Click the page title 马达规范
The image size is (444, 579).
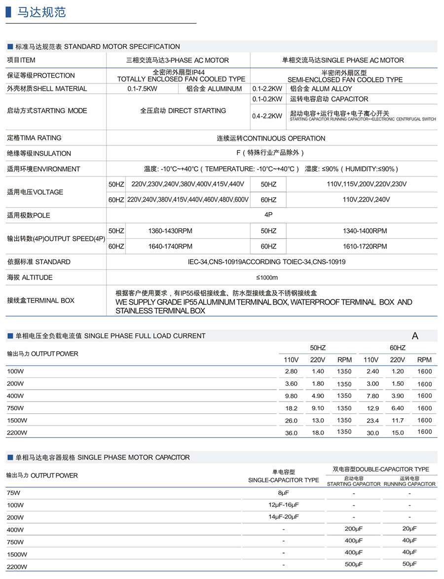(41, 12)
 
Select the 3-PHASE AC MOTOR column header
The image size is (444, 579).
(178, 60)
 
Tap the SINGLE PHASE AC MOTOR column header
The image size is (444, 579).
(343, 60)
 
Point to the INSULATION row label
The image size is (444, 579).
(39, 153)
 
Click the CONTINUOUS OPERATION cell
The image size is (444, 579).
(271, 138)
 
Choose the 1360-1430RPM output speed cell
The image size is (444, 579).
(170, 231)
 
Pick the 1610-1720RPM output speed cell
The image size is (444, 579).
(365, 246)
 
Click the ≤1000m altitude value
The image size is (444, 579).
(267, 277)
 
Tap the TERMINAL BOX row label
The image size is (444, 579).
(40, 300)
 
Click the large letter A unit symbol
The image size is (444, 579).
(415, 336)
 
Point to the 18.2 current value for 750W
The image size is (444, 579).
(292, 408)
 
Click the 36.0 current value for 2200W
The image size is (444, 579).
(292, 433)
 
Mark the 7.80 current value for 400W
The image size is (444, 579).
(373, 396)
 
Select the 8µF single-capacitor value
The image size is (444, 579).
(283, 493)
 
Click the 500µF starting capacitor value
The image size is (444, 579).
(354, 564)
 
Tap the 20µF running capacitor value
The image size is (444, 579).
(409, 528)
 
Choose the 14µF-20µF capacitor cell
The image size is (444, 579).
(283, 516)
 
